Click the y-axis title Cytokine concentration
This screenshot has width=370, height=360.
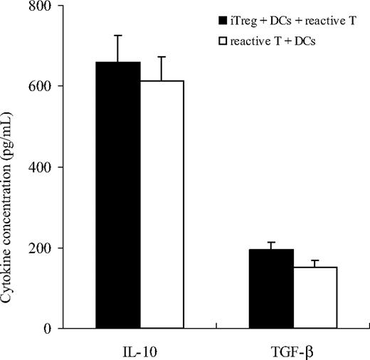(9, 167)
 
